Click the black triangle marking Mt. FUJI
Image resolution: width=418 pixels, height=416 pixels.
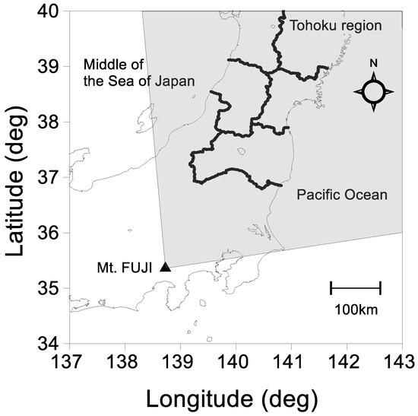(165, 266)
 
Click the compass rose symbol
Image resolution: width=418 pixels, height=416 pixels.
(374, 92)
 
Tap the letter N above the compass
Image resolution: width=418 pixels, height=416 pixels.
(374, 63)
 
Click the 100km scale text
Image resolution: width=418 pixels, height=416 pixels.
(355, 310)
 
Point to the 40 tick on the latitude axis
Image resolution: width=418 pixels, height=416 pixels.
(50, 11)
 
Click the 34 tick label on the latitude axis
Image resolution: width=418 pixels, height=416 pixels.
(50, 343)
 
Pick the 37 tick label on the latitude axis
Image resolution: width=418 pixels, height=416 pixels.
(50, 177)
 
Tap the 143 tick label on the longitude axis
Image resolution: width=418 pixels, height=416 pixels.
(402, 360)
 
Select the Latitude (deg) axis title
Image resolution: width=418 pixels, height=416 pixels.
(17, 176)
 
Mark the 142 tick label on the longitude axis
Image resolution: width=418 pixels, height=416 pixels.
(347, 360)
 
